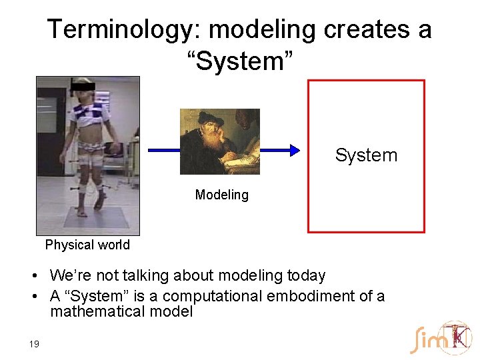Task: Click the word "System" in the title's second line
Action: (239, 61)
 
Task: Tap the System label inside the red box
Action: (366, 155)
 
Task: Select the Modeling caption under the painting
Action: (221, 195)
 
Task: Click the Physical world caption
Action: (87, 245)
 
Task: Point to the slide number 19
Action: (34, 344)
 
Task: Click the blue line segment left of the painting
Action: (163, 151)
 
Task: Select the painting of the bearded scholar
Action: (219, 141)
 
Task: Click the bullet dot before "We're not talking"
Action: (41, 276)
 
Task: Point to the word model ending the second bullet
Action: (172, 311)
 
